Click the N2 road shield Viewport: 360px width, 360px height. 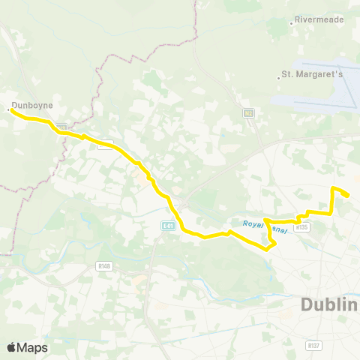(248, 112)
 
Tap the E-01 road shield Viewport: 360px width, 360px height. (167, 225)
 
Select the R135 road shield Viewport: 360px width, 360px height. (302, 226)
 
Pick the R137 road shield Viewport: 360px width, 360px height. (314, 345)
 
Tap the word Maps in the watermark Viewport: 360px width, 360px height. (34, 347)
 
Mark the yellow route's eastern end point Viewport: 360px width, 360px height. (347, 196)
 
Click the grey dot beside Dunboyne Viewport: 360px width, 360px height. (8, 110)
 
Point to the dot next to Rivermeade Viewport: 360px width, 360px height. (292, 23)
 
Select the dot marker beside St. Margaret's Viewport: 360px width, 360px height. (277, 75)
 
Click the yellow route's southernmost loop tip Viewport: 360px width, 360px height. (268, 248)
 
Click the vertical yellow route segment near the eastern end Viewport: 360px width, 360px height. (332, 201)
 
